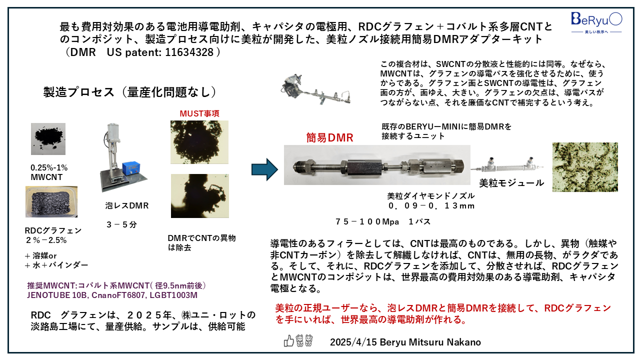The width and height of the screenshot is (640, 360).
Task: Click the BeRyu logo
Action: [x=596, y=23]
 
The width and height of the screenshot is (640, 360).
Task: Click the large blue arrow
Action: [x=264, y=169]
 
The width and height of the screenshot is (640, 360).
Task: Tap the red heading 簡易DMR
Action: [x=329, y=137]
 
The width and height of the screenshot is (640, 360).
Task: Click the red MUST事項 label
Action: [x=199, y=113]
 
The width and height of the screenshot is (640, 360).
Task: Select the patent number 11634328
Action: [x=189, y=52]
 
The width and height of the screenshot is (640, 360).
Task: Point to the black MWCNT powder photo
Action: [x=48, y=139]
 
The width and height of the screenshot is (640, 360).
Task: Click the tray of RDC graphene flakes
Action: [x=51, y=201]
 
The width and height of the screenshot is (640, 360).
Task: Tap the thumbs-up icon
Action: [x=288, y=341]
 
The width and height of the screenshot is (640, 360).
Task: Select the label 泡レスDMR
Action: [x=127, y=205]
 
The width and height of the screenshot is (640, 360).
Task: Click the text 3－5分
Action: [x=121, y=224]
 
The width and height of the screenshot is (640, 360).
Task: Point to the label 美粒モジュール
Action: [x=511, y=183]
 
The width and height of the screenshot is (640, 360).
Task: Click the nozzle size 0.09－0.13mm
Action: [x=431, y=205]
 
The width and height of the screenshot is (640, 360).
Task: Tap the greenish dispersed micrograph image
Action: [x=585, y=167]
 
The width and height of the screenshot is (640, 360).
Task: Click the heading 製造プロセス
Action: [x=79, y=92]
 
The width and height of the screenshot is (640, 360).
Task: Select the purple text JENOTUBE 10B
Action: [x=57, y=295]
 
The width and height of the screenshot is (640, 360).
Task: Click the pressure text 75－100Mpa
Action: [x=367, y=221]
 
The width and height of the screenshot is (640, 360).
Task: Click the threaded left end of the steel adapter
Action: [x=299, y=166]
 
